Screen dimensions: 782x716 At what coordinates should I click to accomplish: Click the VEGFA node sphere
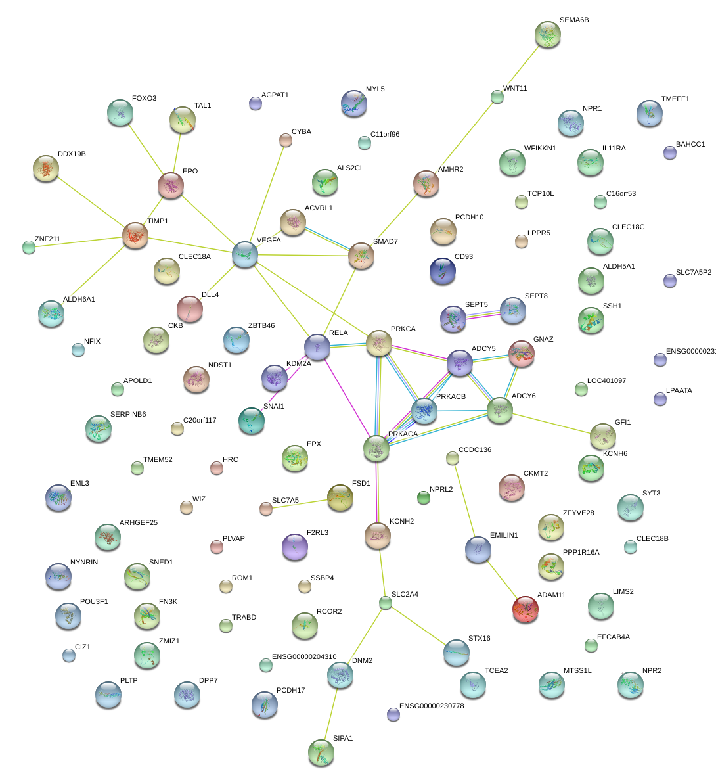[245, 254]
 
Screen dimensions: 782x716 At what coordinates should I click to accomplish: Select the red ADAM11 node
[525, 609]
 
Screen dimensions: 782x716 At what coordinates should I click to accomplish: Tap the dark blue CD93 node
[442, 269]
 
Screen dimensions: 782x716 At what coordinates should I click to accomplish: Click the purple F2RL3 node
[294, 547]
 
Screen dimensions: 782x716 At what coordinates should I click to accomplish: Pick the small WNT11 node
[497, 97]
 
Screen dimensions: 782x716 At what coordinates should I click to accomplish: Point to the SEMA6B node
[547, 34]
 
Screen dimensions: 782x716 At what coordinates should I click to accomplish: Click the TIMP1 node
[135, 235]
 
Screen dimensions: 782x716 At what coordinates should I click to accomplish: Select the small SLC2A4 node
[386, 603]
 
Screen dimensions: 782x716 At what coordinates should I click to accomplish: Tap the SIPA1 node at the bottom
[321, 752]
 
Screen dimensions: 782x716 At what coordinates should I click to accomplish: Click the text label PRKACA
[403, 434]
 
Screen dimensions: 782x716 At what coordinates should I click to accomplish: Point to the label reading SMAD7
[386, 242]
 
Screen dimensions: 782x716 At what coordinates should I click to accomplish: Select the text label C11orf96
[385, 135]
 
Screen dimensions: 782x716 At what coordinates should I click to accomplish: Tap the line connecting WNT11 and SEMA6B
[522, 66]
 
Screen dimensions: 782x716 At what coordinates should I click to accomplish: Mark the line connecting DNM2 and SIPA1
[331, 713]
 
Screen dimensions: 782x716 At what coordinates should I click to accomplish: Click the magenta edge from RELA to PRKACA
[346, 397]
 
